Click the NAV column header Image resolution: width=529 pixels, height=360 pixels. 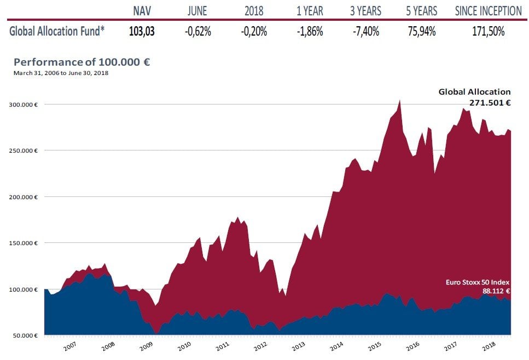click(142, 10)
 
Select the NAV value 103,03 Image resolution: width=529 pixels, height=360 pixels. click(142, 31)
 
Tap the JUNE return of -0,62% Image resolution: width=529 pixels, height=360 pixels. click(197, 31)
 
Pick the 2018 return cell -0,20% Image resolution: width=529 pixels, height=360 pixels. click(254, 31)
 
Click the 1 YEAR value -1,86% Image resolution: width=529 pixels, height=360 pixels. click(310, 31)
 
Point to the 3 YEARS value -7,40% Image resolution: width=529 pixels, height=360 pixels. click(365, 31)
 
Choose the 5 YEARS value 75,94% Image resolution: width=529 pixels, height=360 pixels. click(422, 31)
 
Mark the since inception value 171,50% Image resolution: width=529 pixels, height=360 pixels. click(488, 31)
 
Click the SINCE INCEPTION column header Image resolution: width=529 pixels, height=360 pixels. click(488, 10)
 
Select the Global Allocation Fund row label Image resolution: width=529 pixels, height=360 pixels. click(56, 31)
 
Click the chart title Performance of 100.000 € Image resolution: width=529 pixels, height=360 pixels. click(82, 62)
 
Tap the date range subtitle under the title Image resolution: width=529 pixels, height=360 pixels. click(61, 73)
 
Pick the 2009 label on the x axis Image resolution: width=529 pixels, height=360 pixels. click(146, 346)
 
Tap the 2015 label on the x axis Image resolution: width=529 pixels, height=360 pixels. click(374, 346)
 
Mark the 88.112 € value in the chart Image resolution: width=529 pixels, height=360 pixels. click(496, 291)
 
